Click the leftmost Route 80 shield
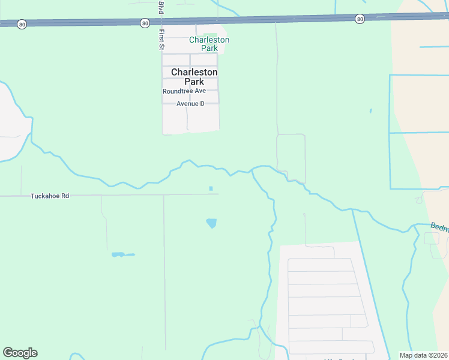[x=22, y=24]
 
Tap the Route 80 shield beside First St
[x=145, y=23]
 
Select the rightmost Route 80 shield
[x=359, y=19]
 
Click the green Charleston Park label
[x=209, y=44]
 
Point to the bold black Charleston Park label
[x=194, y=77]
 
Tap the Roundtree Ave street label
[x=184, y=91]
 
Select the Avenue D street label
[x=190, y=104]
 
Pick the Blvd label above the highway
[x=161, y=7]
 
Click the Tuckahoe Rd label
[x=50, y=196]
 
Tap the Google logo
[x=20, y=353]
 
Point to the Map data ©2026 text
[x=424, y=355]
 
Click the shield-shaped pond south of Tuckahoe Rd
[x=211, y=223]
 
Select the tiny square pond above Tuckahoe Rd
[x=211, y=188]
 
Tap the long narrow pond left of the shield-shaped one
[x=122, y=254]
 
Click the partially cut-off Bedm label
[x=439, y=227]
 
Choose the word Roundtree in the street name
[x=176, y=91]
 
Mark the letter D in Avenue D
[x=202, y=104]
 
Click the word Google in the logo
[x=20, y=353]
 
